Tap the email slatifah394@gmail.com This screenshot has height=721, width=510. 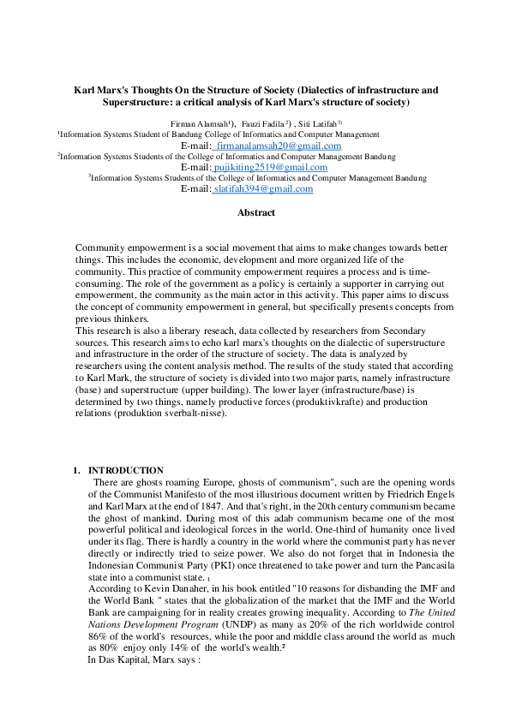[263, 189]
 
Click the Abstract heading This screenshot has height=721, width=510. [256, 212]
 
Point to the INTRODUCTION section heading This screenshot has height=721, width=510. [126, 470]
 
